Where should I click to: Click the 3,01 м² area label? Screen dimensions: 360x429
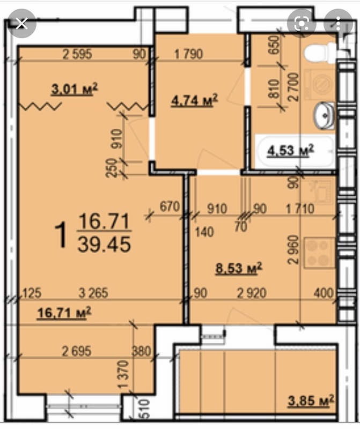pyautogui.click(x=74, y=89)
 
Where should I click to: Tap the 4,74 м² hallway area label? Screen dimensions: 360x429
pyautogui.click(x=194, y=100)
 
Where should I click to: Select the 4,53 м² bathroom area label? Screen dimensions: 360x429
pyautogui.click(x=290, y=150)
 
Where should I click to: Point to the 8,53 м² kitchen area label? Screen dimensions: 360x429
pyautogui.click(x=238, y=268)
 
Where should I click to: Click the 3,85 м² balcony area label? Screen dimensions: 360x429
pyautogui.click(x=311, y=401)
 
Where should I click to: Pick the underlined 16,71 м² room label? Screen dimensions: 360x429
pyautogui.click(x=64, y=312)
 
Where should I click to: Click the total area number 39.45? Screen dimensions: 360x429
pyautogui.click(x=104, y=245)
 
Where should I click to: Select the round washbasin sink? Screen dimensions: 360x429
pyautogui.click(x=324, y=115)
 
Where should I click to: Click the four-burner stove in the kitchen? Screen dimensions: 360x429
pyautogui.click(x=319, y=253)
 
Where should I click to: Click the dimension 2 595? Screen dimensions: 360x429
pyautogui.click(x=77, y=54)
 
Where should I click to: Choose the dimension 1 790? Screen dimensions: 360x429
pyautogui.click(x=189, y=54)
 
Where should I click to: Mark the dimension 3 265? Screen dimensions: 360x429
pyautogui.click(x=93, y=293)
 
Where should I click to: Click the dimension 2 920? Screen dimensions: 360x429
pyautogui.click(x=252, y=293)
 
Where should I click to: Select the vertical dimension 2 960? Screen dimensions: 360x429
pyautogui.click(x=293, y=249)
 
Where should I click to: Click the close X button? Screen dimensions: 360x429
pyautogui.click(x=21, y=24)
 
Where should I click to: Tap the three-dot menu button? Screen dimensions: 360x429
pyautogui.click(x=338, y=24)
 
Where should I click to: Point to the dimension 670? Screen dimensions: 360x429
pyautogui.click(x=170, y=206)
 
